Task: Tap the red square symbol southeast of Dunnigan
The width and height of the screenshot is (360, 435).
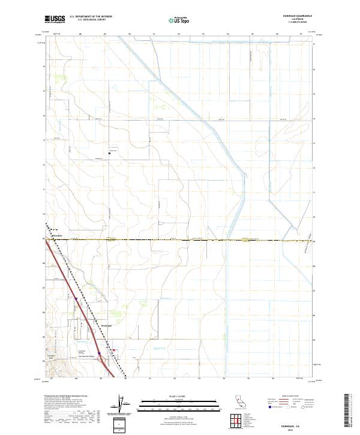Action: click(114, 352)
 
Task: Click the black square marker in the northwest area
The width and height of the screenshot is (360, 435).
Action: click(109, 153)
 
